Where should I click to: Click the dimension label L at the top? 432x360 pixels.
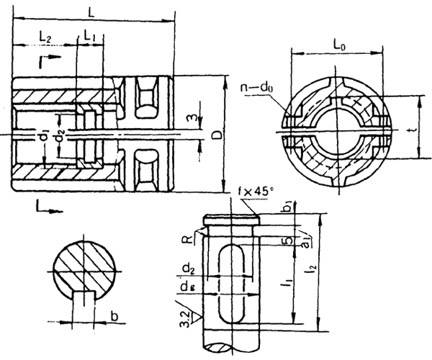[89, 12]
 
